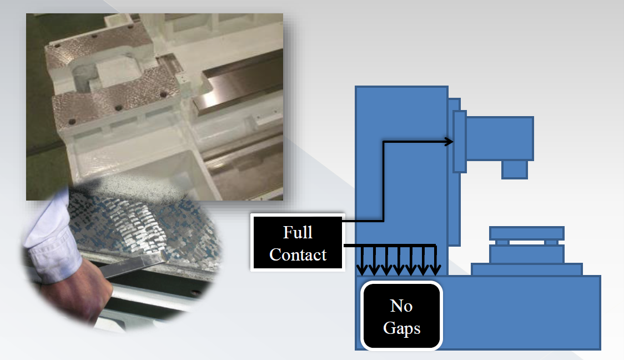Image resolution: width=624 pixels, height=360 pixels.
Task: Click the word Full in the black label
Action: (298, 232)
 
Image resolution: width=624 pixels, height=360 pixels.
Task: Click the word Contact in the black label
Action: (298, 254)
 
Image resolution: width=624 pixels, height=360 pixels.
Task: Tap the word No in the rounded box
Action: (401, 306)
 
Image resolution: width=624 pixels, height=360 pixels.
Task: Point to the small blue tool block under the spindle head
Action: (515, 169)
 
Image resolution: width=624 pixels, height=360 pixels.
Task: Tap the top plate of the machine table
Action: (526, 233)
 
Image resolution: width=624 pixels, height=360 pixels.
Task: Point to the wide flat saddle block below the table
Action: (526, 269)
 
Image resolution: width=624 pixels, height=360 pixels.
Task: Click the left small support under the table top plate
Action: (502, 242)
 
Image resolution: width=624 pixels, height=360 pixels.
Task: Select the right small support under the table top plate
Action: (551, 242)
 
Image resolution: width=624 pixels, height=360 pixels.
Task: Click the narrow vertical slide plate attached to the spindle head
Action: (459, 142)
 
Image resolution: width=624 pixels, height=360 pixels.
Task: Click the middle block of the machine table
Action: (526, 254)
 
